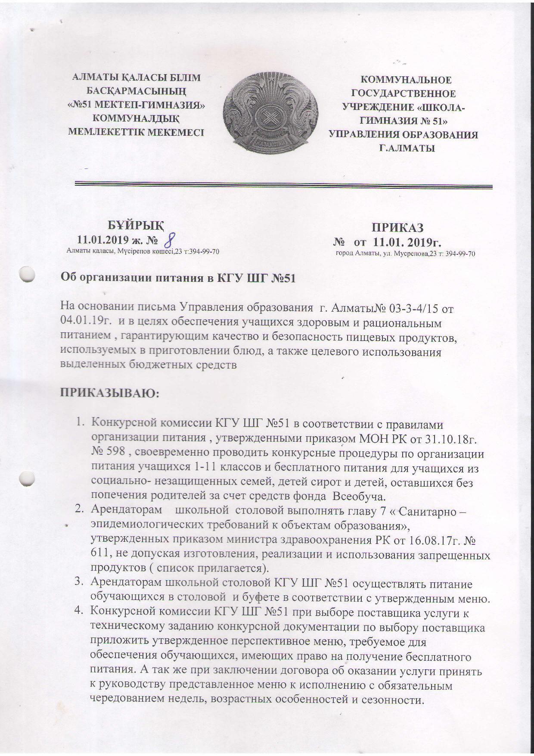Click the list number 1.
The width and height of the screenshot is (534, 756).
[80, 425]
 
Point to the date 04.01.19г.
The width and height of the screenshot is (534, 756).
[84, 322]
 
